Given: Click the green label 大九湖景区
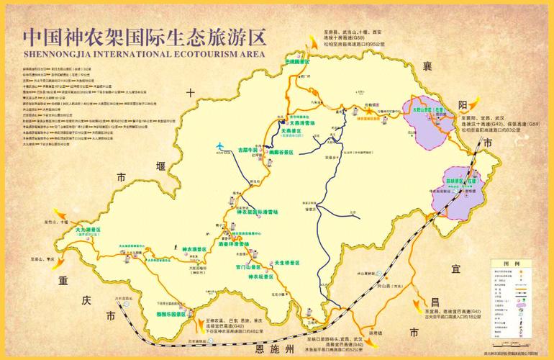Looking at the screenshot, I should [88, 230].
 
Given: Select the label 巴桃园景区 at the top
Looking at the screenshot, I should [296, 63].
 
